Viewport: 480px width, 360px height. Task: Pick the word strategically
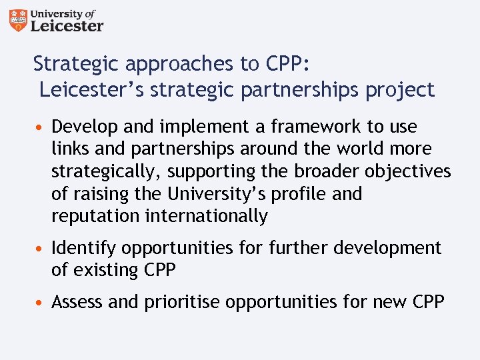[106, 172]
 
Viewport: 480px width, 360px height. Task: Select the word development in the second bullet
[389, 248]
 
